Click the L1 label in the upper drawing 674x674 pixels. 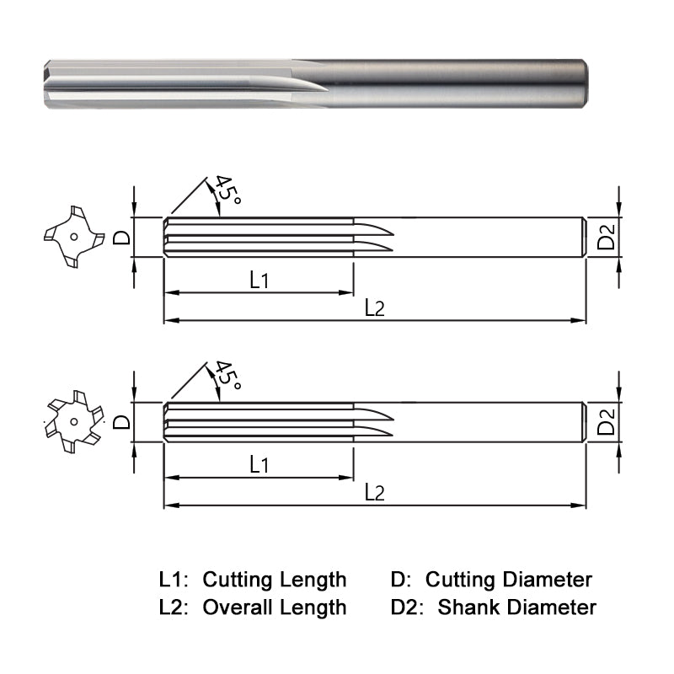coord(259,281)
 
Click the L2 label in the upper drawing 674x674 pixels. coord(374,308)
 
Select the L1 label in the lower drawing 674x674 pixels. coord(259,464)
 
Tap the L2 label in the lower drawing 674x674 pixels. coord(374,493)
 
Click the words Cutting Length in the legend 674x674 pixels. coord(275,580)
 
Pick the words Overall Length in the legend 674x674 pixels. coord(275,607)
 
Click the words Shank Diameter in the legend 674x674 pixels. coord(516,607)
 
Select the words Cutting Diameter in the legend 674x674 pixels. coord(508,580)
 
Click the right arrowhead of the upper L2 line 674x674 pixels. coord(580,320)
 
